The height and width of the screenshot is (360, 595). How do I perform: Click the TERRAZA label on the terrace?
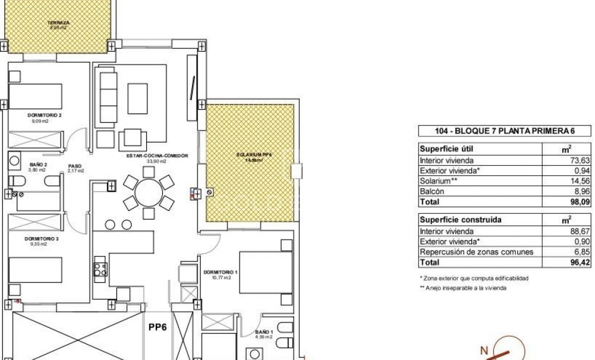point(58,23)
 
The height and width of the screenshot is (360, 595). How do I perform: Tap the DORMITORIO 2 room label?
point(45,115)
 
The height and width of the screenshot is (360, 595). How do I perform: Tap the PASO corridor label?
point(74,167)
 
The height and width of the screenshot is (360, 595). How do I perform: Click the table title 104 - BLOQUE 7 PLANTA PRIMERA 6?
point(496,132)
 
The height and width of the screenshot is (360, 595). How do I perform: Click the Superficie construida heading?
point(461,220)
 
